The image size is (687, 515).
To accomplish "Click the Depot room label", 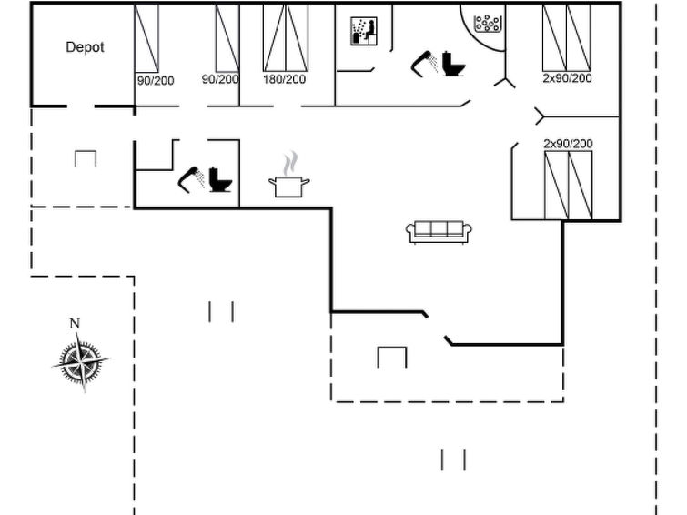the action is [85, 47].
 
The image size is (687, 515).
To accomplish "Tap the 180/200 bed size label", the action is [284, 79].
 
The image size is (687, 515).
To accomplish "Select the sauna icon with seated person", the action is [364, 31].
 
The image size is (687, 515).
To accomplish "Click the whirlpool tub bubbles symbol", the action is [487, 23].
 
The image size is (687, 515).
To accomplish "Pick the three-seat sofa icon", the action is [439, 232].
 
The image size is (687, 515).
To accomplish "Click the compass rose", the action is [82, 361].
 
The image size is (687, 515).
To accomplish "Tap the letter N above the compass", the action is [75, 324].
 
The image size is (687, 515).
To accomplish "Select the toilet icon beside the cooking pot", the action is [220, 179].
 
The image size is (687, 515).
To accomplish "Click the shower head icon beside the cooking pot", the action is [191, 179].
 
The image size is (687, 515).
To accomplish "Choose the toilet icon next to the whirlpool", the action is [453, 64].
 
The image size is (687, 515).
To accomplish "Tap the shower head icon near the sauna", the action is [424, 64].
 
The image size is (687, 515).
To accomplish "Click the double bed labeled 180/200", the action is [285, 37].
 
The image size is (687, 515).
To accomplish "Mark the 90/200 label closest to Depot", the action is [156, 81].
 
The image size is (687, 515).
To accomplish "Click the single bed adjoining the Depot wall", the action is [146, 38].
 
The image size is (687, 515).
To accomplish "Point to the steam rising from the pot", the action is [290, 163].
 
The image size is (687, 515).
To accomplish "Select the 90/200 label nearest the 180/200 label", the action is [220, 79].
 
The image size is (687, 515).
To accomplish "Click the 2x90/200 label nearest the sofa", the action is [568, 144].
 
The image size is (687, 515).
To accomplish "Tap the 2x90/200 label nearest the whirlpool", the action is [568, 78].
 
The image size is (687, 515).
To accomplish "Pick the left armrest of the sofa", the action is [410, 231].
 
